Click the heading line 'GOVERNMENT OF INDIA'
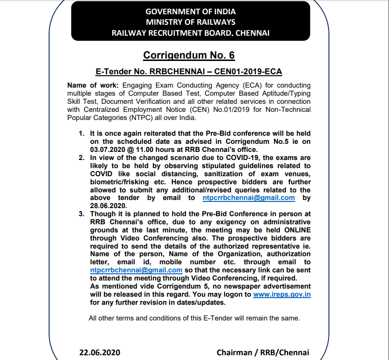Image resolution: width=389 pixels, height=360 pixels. click(190, 11)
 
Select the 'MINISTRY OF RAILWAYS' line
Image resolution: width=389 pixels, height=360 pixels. click(190, 22)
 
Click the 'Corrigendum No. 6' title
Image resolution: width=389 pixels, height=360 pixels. click(189, 55)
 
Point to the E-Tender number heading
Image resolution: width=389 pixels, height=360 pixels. click(189, 72)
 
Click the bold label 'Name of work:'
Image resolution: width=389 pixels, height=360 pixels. click(90, 85)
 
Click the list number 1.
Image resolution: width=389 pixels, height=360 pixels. click(82, 134)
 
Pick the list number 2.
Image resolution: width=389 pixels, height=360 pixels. click(82, 158)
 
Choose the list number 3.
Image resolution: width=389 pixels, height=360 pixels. click(82, 214)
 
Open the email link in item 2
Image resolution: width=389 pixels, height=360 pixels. click(248, 198)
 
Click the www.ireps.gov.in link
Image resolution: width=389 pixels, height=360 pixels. click(282, 294)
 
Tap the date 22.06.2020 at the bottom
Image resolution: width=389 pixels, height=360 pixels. click(100, 353)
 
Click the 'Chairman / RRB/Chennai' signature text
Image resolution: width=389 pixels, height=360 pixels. click(263, 353)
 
